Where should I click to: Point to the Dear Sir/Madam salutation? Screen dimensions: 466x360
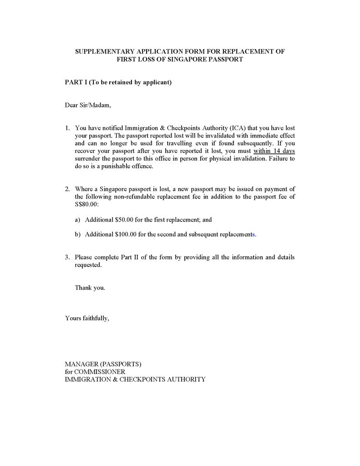pyautogui.click(x=88, y=106)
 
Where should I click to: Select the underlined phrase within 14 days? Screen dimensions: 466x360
pyautogui.click(x=277, y=151)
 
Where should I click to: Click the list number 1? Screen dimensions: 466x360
pyautogui.click(x=67, y=128)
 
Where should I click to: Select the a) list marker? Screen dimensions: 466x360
pyautogui.click(x=77, y=220)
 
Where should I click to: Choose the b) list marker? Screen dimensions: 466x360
pyautogui.click(x=77, y=235)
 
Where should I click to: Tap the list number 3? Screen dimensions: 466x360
pyautogui.click(x=67, y=258)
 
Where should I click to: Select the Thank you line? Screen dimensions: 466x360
pyautogui.click(x=90, y=288)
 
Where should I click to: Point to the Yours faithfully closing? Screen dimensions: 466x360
pyautogui.click(x=87, y=318)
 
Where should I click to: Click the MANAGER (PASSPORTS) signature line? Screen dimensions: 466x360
pyautogui.click(x=103, y=364)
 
